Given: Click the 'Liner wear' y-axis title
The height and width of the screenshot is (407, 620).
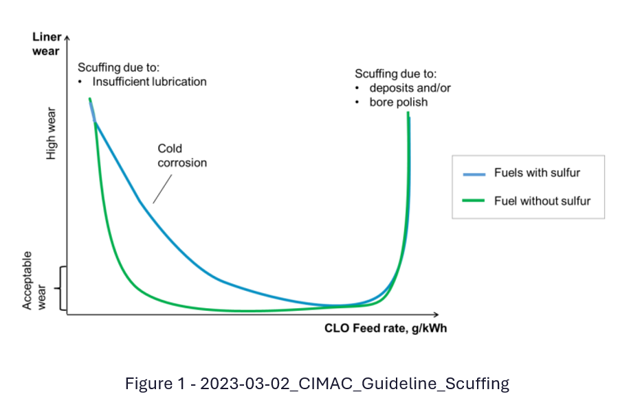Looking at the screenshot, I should (x=47, y=43).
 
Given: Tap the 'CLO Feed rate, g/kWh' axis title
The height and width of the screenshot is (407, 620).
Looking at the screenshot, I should (x=385, y=328).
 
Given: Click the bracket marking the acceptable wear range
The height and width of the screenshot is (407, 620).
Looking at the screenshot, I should (x=62, y=288).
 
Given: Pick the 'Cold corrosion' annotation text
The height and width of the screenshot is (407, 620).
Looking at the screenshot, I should (x=182, y=155).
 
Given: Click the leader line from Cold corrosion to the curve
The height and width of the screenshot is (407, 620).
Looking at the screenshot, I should (x=163, y=188).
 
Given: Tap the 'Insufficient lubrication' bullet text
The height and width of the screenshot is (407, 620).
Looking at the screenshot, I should (x=149, y=81).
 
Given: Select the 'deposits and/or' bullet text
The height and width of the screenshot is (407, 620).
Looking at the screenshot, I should (x=410, y=88).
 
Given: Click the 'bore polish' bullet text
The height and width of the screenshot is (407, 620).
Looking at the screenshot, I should (x=399, y=102).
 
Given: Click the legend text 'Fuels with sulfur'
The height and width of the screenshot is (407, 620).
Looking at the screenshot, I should (x=537, y=172).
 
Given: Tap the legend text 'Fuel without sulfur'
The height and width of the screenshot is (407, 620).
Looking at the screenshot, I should (x=542, y=201).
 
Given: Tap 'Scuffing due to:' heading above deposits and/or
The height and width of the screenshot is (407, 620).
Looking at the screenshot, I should (x=395, y=73).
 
